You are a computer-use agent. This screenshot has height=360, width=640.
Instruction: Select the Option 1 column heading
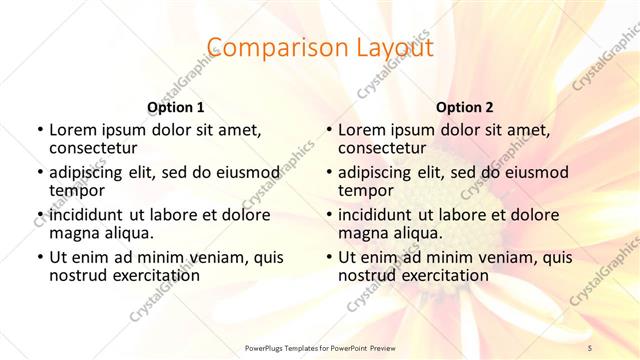(176, 106)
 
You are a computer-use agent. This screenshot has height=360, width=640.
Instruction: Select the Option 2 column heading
(465, 106)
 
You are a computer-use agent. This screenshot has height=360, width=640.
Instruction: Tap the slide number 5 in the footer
(590, 347)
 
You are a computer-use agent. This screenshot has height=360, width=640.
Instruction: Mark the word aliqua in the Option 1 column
(129, 233)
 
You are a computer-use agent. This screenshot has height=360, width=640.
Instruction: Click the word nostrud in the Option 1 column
(77, 275)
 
